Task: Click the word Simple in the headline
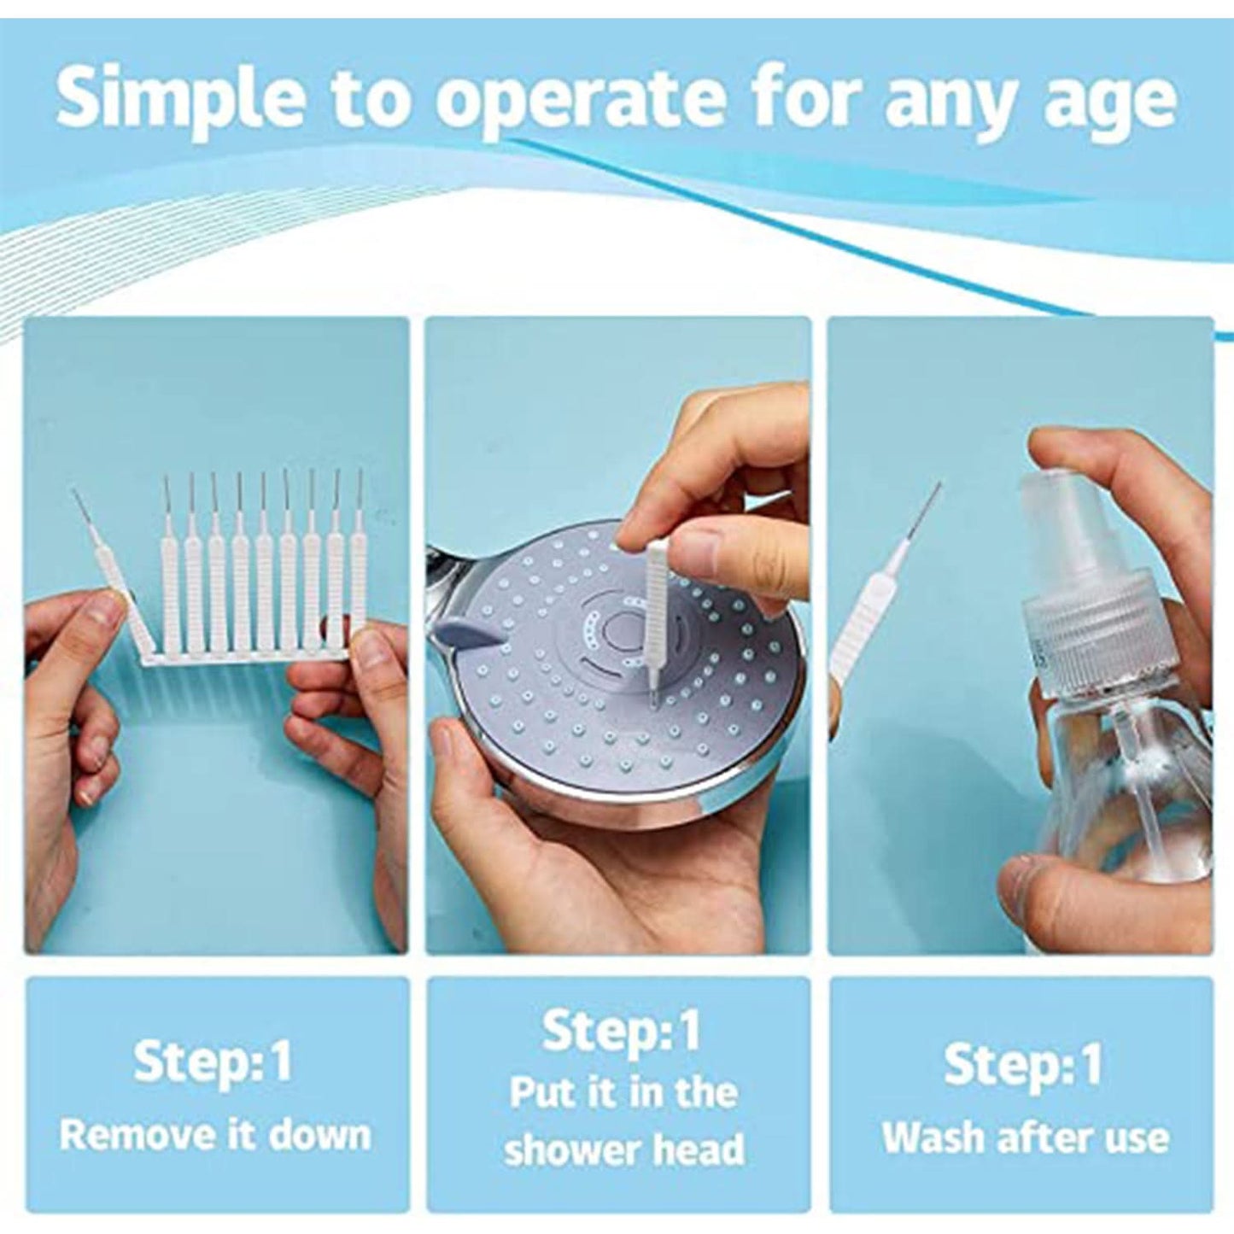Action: point(179,101)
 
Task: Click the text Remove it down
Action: point(215,1135)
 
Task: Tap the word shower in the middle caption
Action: point(579,1149)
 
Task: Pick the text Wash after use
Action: point(1025,1138)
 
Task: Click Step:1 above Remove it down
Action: point(213,1061)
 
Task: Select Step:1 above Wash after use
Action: point(1023,1064)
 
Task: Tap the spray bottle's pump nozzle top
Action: point(1067,504)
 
